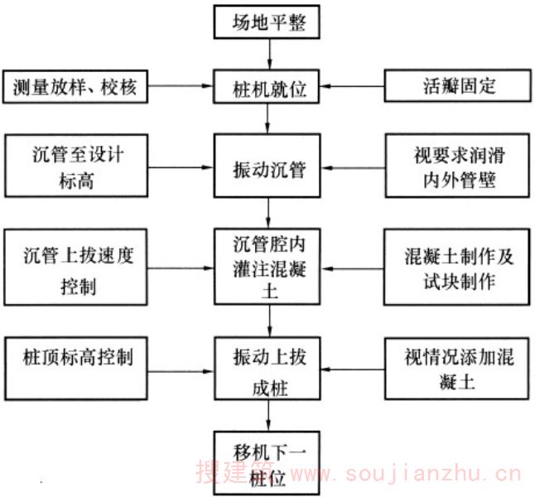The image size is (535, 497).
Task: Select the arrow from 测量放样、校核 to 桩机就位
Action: [181, 86]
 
